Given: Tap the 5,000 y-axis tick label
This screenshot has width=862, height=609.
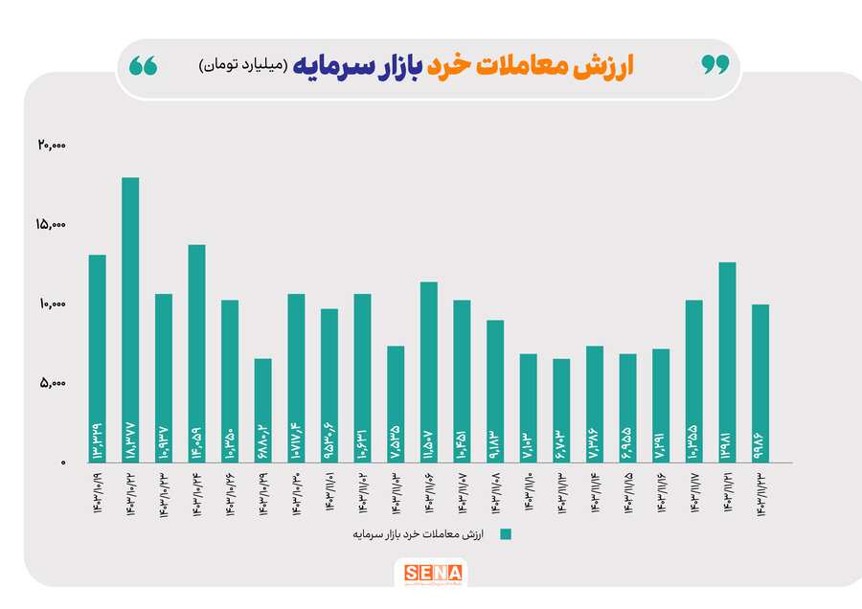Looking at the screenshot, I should [x=54, y=384].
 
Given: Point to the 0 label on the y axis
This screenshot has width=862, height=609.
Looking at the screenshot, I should [x=63, y=463].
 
